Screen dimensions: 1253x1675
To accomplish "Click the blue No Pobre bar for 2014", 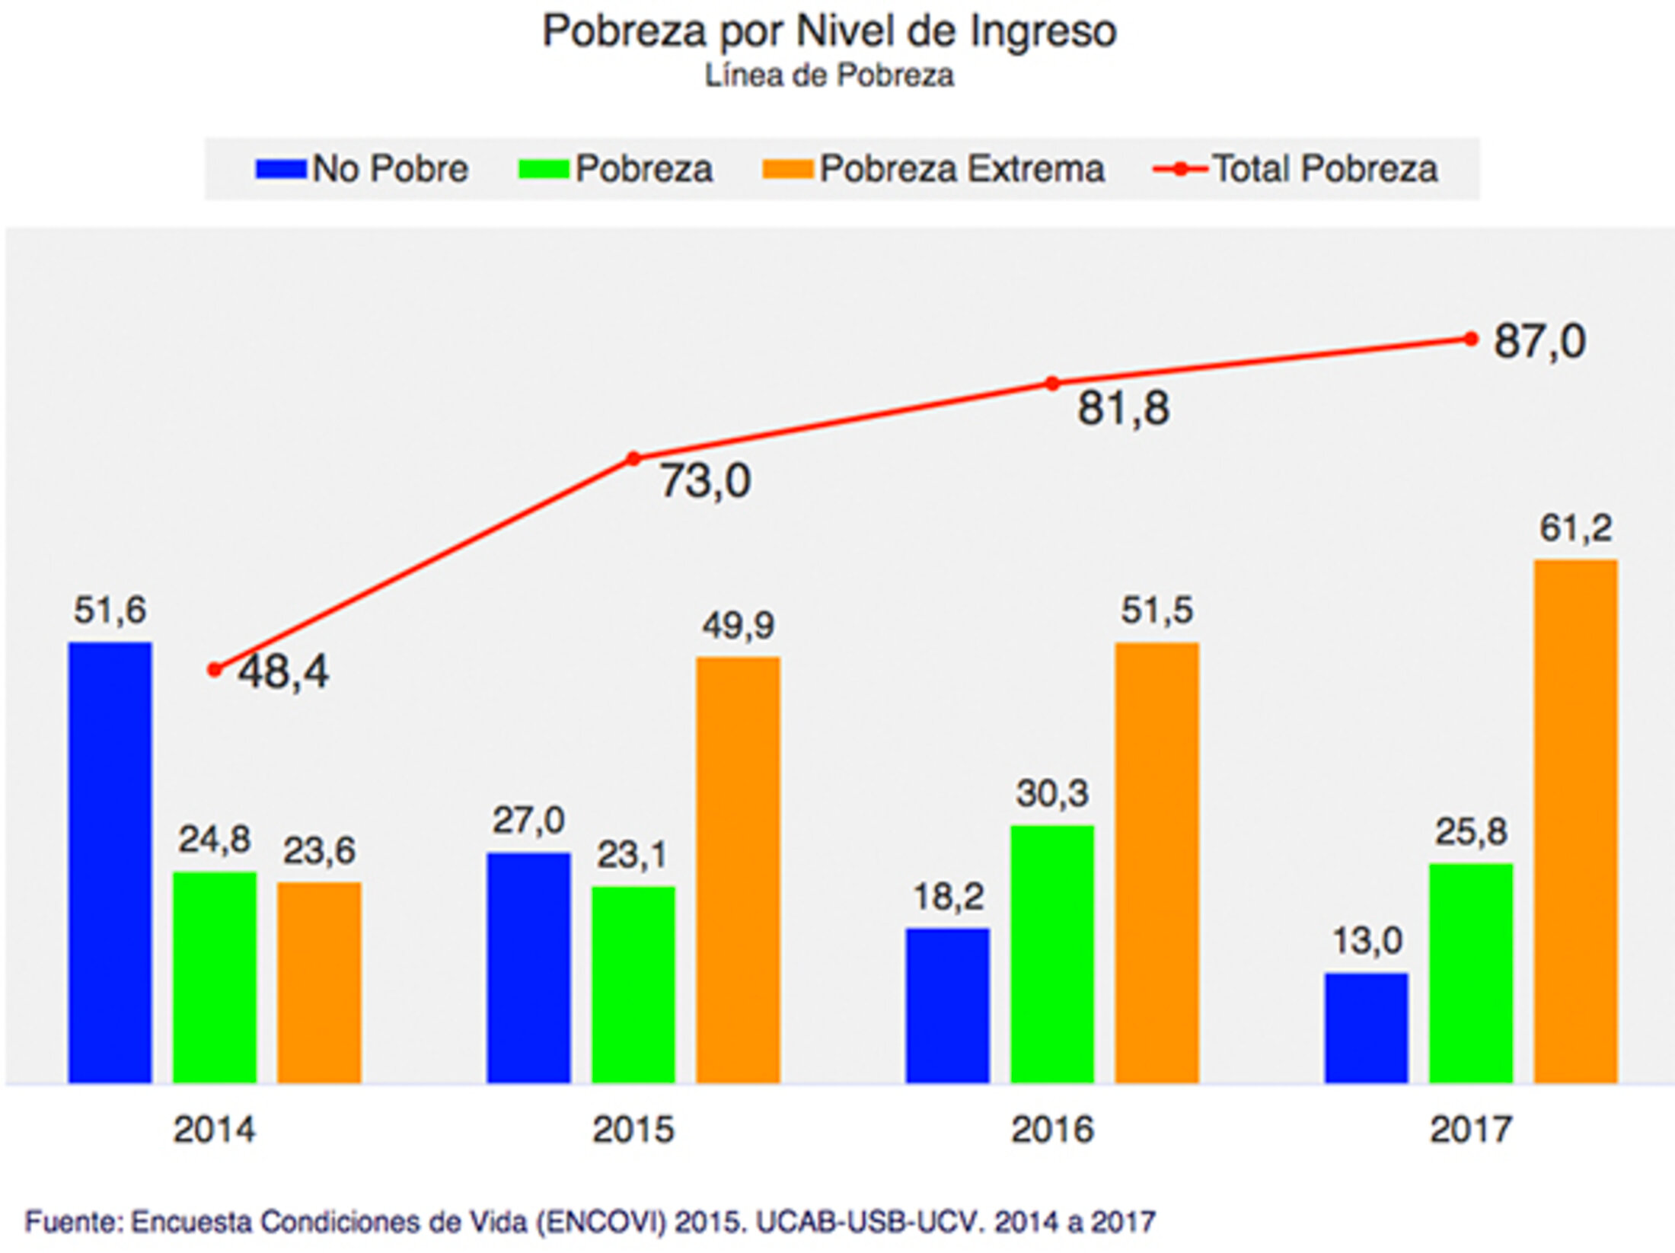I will (x=110, y=862).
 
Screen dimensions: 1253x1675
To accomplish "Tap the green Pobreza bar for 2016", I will (x=1052, y=953).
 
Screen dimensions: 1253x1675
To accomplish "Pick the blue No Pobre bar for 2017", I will (x=1366, y=1027).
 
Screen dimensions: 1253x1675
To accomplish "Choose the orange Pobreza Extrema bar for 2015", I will (x=738, y=869).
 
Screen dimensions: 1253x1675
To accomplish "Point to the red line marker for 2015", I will (x=633, y=458).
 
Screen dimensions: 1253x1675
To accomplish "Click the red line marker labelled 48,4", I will (x=215, y=670).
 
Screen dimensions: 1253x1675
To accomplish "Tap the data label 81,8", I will (x=1123, y=408).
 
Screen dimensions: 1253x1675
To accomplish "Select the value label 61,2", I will (x=1575, y=528).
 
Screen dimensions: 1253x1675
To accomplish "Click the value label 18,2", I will (x=949, y=897).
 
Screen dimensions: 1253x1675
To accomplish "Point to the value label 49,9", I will (x=738, y=626).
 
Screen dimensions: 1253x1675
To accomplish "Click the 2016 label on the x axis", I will (x=1052, y=1129).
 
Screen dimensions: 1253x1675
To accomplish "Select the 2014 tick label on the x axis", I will (x=215, y=1129).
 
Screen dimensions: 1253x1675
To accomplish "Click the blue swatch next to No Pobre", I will (x=281, y=169).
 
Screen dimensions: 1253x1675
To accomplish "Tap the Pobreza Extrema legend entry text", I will (x=962, y=169).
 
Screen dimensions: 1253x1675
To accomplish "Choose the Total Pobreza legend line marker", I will (x=1180, y=169).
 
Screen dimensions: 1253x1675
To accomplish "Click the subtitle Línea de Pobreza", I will (x=829, y=75).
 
